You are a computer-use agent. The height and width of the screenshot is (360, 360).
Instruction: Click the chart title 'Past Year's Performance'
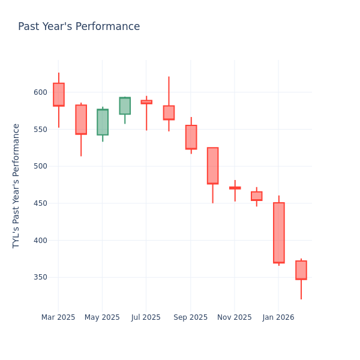[x=79, y=27]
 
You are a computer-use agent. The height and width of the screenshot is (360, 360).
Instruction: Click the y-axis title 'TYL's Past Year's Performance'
[x=16, y=186]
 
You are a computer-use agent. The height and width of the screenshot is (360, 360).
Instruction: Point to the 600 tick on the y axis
[x=40, y=92]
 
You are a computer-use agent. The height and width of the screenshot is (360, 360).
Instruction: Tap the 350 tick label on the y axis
[x=40, y=277]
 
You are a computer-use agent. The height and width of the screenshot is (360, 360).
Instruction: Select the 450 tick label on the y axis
[x=40, y=203]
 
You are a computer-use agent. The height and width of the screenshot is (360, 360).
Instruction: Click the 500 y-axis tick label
[x=40, y=166]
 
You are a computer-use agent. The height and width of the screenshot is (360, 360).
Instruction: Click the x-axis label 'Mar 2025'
[x=58, y=317]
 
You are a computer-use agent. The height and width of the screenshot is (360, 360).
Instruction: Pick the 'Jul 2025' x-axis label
[x=146, y=317]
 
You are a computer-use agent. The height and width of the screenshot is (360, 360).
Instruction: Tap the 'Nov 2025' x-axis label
[x=235, y=317]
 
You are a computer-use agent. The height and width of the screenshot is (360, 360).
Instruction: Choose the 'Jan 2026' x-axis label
[x=278, y=317]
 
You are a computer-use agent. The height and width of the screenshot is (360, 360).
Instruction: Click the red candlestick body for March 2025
[x=58, y=95]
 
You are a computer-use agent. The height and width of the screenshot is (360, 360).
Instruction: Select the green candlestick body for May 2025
[x=103, y=122]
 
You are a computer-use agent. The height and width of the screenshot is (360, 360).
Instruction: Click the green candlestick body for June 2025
[x=125, y=106]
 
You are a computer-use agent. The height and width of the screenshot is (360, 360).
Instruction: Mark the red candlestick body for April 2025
[x=81, y=119]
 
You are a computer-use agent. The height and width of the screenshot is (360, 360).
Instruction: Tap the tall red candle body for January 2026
[x=279, y=233]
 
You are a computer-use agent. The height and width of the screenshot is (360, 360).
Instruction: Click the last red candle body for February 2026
[x=301, y=270]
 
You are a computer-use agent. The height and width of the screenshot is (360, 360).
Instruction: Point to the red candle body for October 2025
[x=212, y=166]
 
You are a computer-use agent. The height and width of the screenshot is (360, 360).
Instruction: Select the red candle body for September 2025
[x=191, y=137]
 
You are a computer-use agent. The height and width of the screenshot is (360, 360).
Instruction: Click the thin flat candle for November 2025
[x=235, y=188]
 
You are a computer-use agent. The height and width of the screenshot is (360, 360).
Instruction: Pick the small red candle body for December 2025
[x=257, y=196]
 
